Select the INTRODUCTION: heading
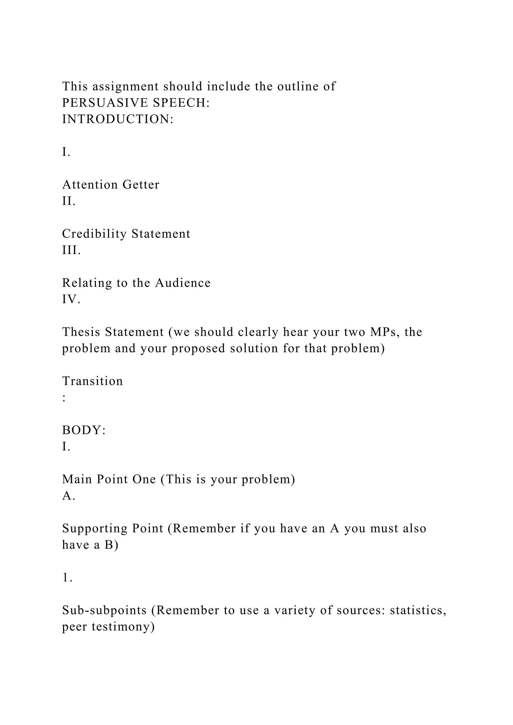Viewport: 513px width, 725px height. (x=118, y=119)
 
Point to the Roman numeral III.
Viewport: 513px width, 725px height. (x=71, y=250)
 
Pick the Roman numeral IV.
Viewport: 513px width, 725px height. (x=71, y=299)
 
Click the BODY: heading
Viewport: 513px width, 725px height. (x=84, y=430)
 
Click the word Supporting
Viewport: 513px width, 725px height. (x=95, y=528)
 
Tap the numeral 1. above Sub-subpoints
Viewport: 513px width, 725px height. (x=67, y=578)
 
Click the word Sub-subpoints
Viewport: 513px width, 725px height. (x=104, y=610)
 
